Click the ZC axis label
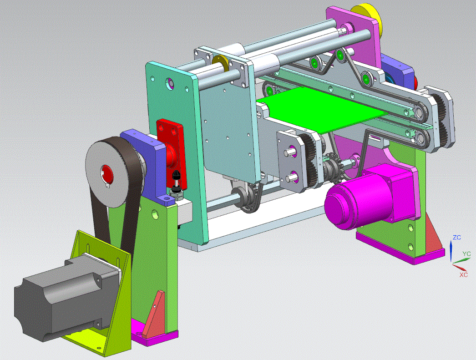click(456, 237)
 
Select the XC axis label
click(463, 274)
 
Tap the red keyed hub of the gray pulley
click(106, 173)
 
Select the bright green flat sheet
click(322, 110)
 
